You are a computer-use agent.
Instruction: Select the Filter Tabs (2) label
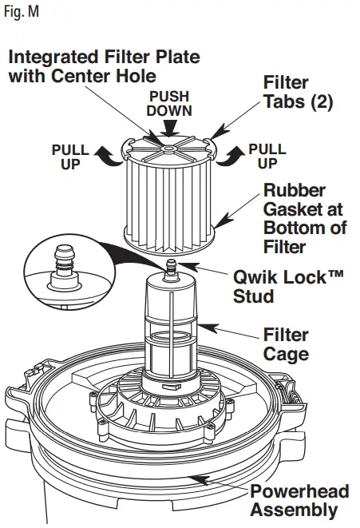[x=298, y=93]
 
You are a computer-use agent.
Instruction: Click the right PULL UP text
[x=267, y=155]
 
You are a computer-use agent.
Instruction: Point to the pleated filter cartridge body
[x=167, y=200]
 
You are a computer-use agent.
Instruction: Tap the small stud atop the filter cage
[x=170, y=273]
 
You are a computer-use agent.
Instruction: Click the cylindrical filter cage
[x=171, y=328]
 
